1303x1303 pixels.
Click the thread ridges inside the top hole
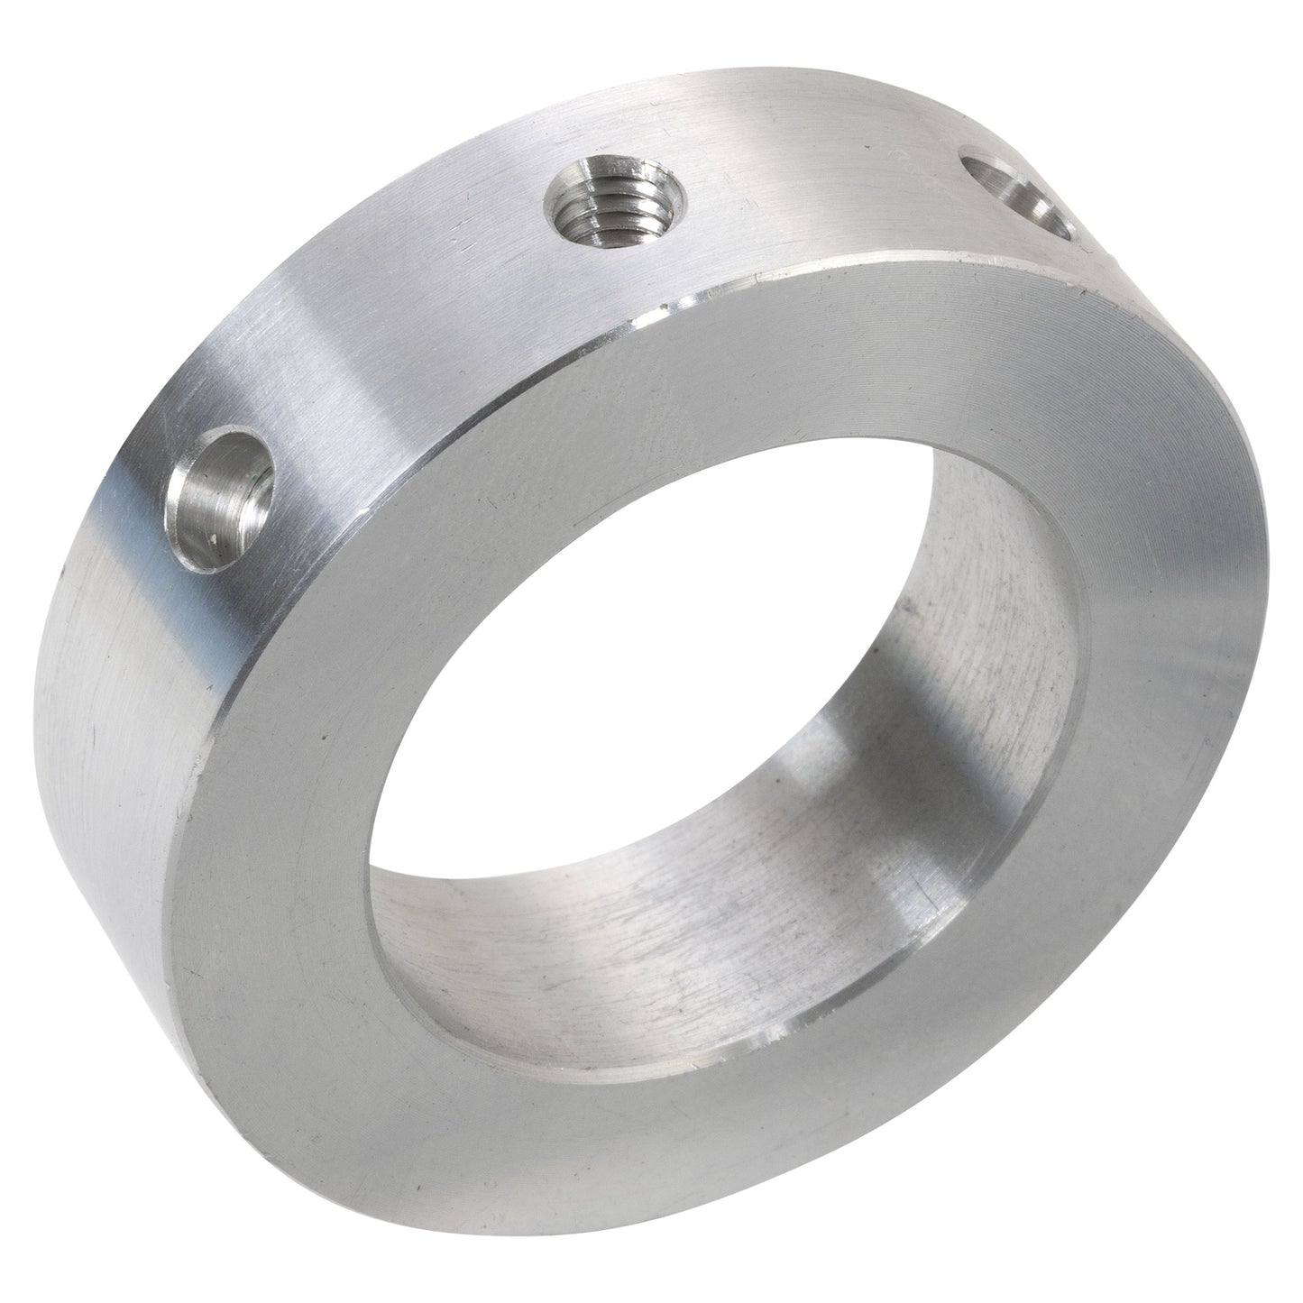[591, 203]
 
